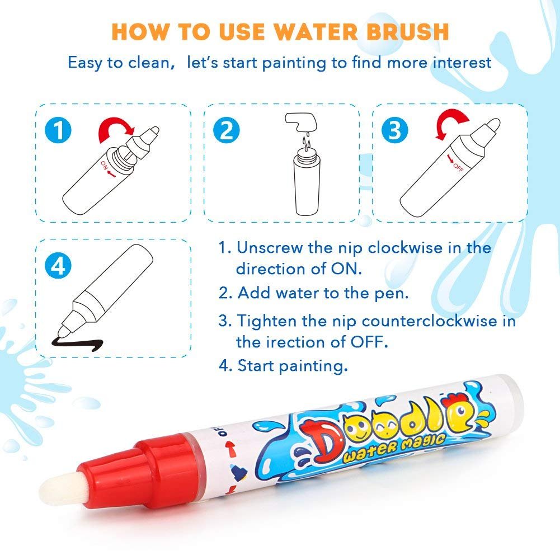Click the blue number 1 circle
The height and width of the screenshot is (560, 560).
pos(59,130)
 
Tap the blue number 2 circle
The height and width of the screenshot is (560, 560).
pos(227,130)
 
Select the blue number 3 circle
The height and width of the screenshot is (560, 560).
pos(395,130)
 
